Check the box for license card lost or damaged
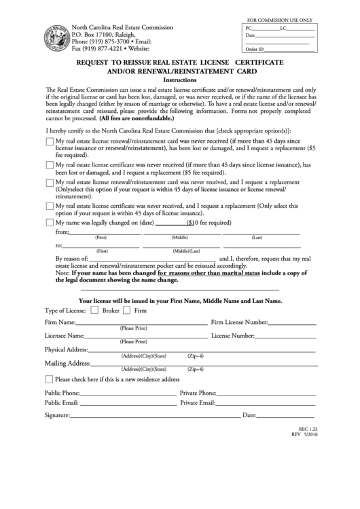(49, 142)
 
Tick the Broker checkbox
(94, 310)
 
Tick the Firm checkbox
(126, 310)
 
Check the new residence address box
(49, 379)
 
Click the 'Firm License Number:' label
(240, 322)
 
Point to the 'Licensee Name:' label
(65, 336)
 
